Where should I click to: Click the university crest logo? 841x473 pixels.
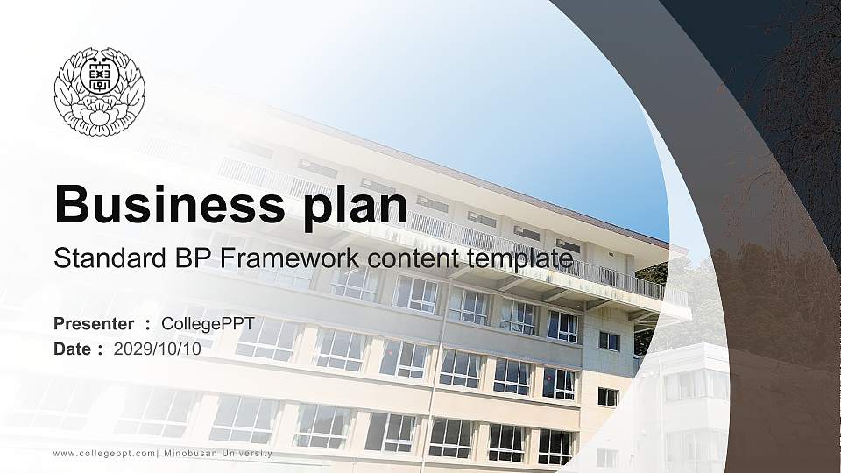(99, 92)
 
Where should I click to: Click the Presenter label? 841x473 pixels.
(94, 324)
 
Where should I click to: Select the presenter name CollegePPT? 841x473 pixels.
(208, 324)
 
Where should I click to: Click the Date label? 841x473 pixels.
(73, 349)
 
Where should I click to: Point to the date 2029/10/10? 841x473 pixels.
(157, 349)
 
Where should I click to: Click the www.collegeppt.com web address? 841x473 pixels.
(104, 453)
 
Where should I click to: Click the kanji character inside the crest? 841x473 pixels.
(99, 80)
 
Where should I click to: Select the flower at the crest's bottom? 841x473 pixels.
(98, 116)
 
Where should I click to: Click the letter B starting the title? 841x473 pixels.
(72, 206)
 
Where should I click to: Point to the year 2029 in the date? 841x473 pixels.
(131, 349)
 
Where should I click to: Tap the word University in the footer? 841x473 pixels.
(247, 453)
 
